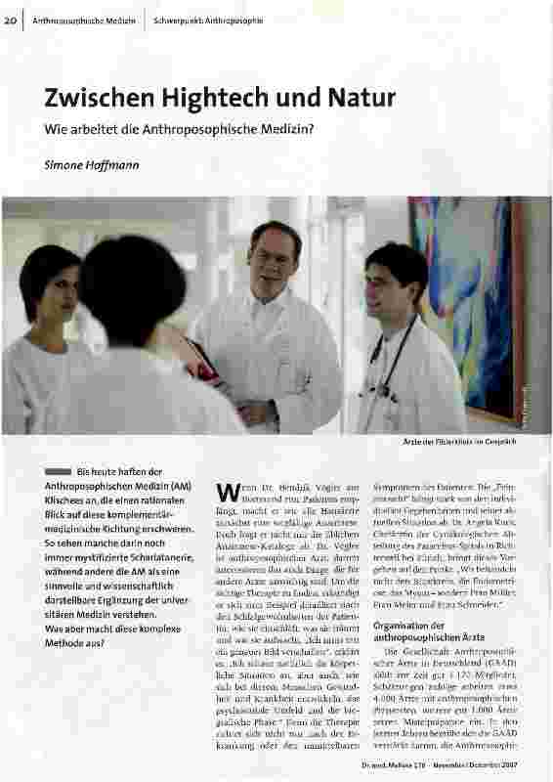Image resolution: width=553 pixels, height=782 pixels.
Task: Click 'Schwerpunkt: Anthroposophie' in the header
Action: coord(208,21)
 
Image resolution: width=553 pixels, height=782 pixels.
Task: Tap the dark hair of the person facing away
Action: coord(127,283)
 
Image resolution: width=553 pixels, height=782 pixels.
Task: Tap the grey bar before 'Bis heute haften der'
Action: coord(59,471)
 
